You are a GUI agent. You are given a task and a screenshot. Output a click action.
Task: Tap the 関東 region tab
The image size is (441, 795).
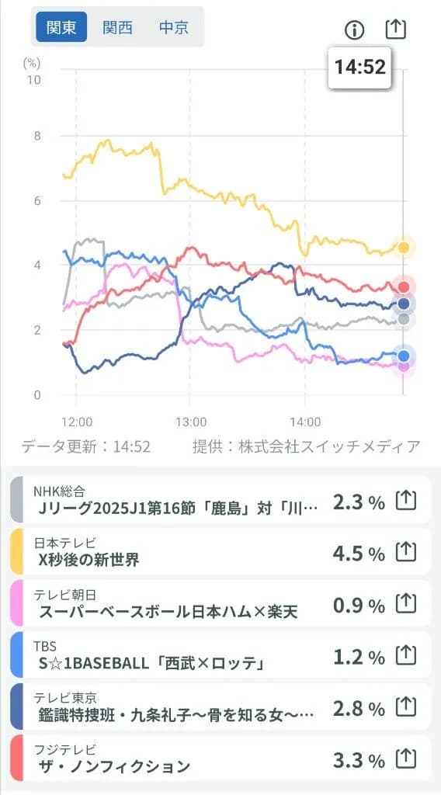tap(61, 28)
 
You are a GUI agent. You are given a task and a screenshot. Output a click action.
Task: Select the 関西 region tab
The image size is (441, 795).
tap(118, 28)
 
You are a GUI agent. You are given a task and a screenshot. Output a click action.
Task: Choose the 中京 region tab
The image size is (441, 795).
tap(174, 28)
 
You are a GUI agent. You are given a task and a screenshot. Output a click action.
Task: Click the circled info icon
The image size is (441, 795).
tap(354, 30)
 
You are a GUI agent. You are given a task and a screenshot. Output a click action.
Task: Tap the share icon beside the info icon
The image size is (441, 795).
tap(396, 30)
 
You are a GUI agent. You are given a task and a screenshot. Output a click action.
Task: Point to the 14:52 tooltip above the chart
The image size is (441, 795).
tap(360, 67)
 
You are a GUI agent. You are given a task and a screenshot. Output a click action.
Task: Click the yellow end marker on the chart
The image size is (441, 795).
tap(404, 248)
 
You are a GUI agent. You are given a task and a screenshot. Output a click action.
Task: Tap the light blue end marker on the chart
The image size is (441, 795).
tap(403, 356)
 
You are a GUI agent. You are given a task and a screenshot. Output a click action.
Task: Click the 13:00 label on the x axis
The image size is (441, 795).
tap(191, 422)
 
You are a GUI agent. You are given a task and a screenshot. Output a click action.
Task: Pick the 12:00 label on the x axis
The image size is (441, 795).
tap(76, 422)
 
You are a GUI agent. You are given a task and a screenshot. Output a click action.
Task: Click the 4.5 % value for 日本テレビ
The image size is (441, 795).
tap(359, 553)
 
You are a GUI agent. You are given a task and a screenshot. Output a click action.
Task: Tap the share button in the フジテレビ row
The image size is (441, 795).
tap(406, 759)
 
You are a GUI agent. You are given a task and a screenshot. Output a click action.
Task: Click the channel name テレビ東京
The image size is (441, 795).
tap(64, 698)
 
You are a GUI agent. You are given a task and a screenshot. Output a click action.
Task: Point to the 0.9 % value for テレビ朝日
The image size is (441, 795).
tap(359, 604)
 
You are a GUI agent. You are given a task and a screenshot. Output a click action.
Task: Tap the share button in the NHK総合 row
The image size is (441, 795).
tap(406, 502)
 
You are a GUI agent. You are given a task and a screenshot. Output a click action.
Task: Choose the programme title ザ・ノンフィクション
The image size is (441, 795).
tap(114, 766)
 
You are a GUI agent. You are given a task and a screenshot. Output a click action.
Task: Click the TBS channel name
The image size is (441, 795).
tap(45, 646)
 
